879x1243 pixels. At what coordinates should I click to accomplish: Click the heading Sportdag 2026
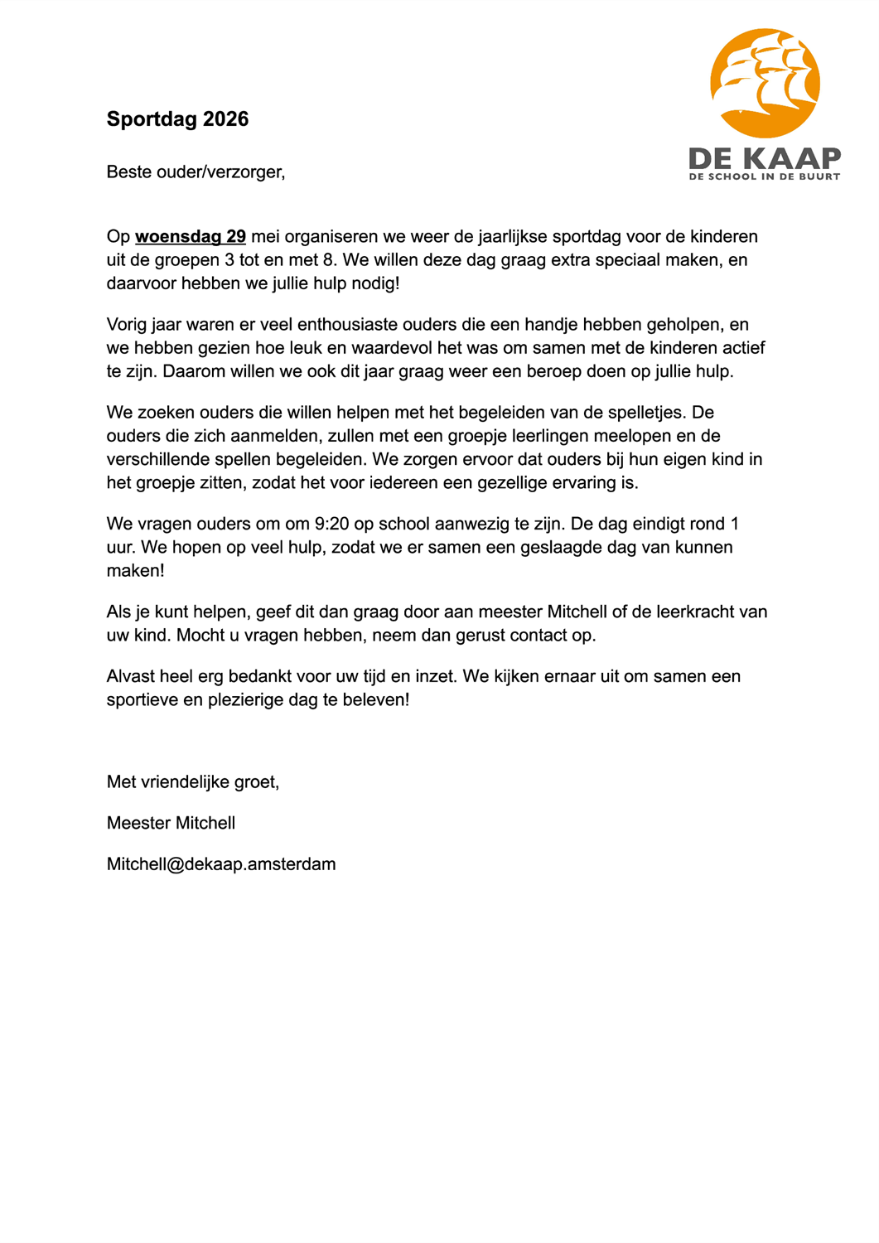pos(177,119)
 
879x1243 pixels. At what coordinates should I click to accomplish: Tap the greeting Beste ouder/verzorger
pos(196,172)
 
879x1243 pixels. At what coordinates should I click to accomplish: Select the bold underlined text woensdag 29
pos(191,237)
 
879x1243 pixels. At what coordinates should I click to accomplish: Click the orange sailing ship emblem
pos(765,83)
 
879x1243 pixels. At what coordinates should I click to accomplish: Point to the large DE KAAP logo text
pos(765,157)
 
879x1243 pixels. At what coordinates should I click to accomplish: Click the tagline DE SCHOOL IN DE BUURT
pos(765,177)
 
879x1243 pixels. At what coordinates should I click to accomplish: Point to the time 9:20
pos(331,525)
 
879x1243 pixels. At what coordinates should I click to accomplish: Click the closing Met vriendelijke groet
pos(193,782)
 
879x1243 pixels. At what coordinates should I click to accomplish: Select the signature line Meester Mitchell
pos(171,824)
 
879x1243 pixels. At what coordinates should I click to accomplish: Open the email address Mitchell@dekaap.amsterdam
pos(221,864)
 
